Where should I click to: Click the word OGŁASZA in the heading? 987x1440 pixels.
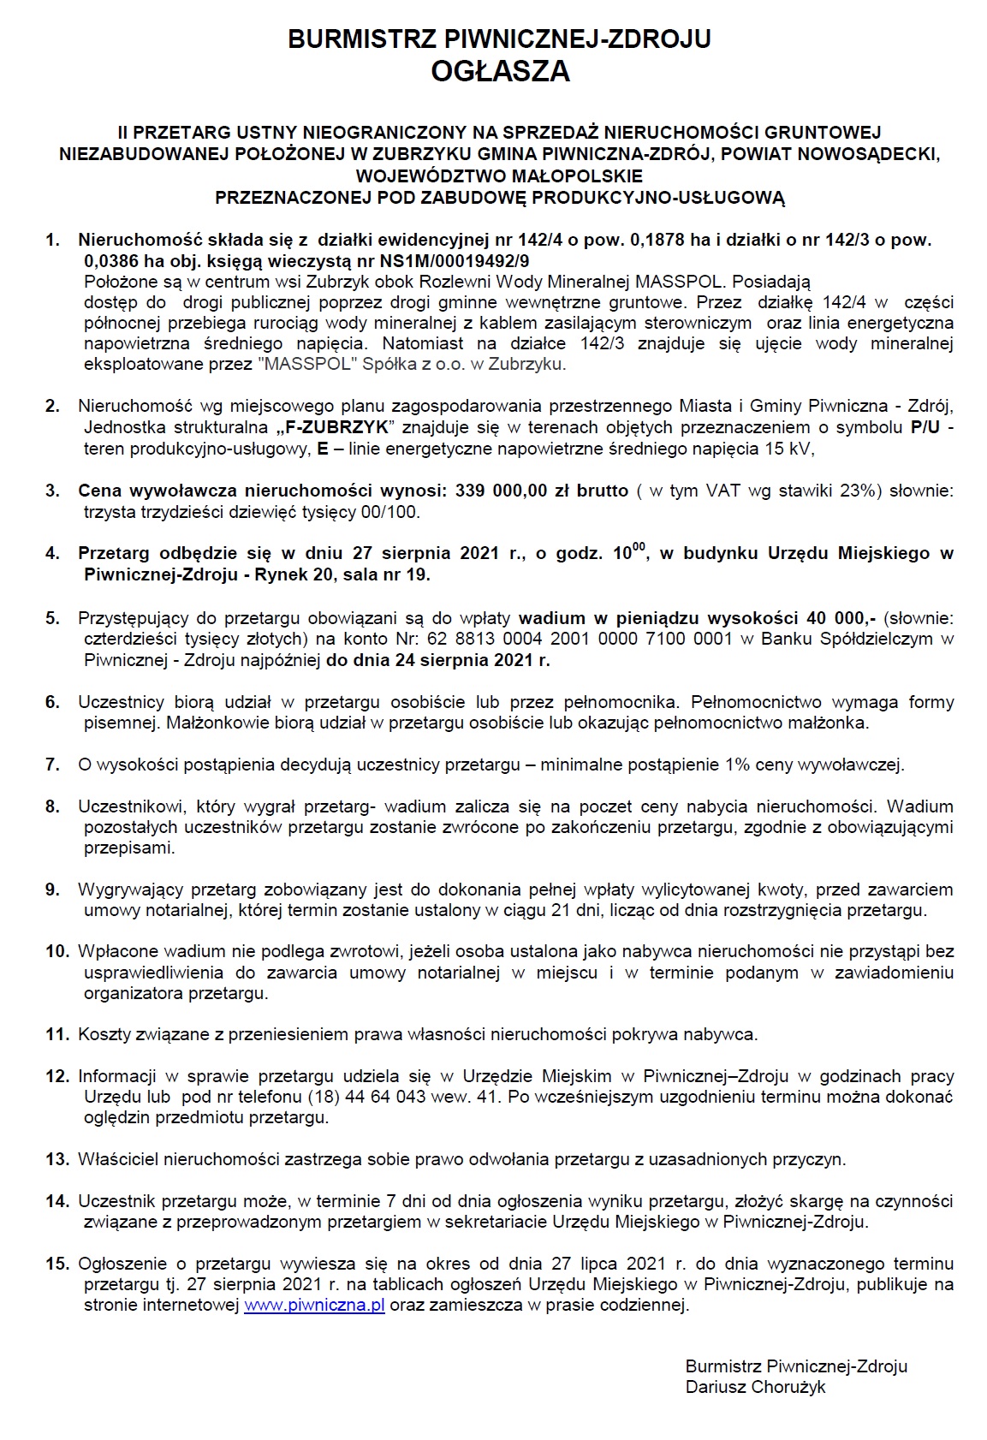click(500, 72)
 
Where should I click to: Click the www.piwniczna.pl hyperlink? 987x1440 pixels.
click(314, 1305)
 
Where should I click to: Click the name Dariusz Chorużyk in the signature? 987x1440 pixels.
click(755, 1387)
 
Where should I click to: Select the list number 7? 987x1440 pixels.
click(53, 765)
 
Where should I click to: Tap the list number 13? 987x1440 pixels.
click(56, 1159)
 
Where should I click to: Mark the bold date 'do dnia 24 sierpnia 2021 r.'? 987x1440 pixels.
click(438, 659)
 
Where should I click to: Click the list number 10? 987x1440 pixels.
click(56, 951)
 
